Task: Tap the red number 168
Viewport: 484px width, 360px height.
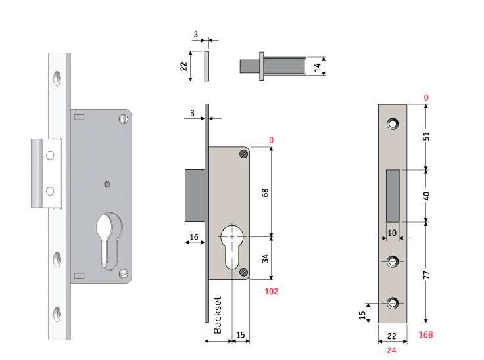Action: [x=425, y=334]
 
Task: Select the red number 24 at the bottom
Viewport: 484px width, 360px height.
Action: [x=391, y=351]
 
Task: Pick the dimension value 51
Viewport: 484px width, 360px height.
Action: [x=425, y=137]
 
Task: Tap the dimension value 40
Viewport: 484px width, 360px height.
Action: [x=425, y=196]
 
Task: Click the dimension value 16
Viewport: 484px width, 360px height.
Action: [x=194, y=236]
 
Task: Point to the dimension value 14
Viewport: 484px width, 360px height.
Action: [x=317, y=66]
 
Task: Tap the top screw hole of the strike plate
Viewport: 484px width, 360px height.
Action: [x=393, y=124]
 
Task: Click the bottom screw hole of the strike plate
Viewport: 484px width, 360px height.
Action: [x=393, y=304]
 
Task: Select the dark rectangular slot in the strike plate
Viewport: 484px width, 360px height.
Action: [x=393, y=195]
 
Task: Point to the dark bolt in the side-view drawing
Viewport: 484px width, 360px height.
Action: [x=195, y=195]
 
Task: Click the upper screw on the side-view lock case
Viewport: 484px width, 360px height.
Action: [x=244, y=155]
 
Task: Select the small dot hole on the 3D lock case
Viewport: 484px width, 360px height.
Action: [x=107, y=184]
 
